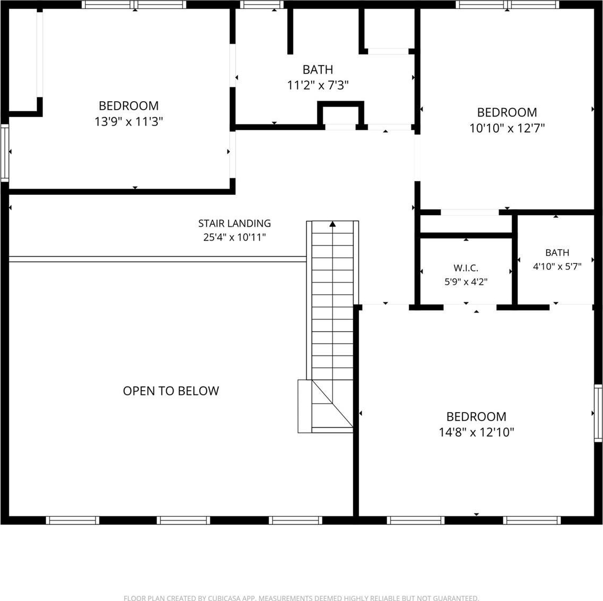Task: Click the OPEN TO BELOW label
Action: (x=171, y=391)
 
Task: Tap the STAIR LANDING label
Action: (x=234, y=223)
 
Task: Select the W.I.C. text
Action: (x=466, y=268)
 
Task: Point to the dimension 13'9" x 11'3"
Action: (x=129, y=121)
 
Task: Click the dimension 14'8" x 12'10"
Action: (x=476, y=432)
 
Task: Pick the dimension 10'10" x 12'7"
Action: (x=507, y=128)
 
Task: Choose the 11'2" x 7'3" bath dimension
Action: (x=318, y=85)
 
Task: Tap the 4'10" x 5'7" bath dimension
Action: (x=557, y=266)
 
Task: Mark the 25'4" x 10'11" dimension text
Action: (x=234, y=237)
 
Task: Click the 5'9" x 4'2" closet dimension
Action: (x=466, y=282)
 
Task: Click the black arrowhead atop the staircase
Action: (x=332, y=224)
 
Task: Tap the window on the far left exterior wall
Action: (x=5, y=153)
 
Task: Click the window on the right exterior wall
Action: (x=598, y=413)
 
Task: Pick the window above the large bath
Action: (x=262, y=5)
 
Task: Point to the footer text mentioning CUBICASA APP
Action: (x=301, y=598)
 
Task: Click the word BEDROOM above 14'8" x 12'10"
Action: (x=476, y=417)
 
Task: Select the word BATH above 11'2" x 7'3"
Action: (x=318, y=70)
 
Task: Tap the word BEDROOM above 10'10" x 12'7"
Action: (x=507, y=112)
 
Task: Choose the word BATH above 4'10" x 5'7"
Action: (x=557, y=252)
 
